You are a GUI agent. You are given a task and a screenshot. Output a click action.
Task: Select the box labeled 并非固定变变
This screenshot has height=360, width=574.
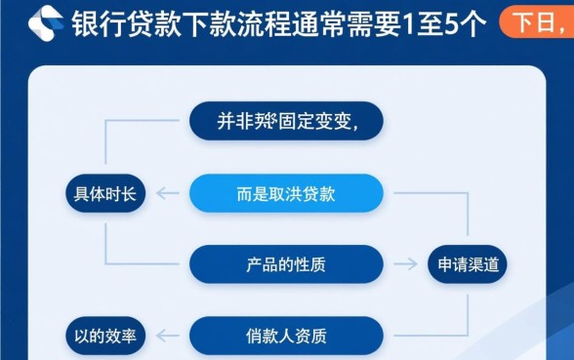point(286,121)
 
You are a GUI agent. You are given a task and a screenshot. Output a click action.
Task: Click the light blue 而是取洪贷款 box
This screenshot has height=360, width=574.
point(286,193)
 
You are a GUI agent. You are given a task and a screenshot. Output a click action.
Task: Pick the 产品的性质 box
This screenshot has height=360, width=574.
point(286,264)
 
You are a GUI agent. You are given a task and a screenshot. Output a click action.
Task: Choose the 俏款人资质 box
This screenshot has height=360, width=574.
point(286,337)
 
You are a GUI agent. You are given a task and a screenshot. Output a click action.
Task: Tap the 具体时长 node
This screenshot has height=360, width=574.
point(104,193)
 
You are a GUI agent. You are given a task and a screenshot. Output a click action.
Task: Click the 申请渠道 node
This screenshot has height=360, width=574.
point(467,264)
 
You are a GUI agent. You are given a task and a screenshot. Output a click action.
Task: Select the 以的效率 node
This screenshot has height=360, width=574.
point(104,337)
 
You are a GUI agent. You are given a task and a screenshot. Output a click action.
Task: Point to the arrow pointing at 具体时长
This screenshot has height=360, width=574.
point(168,193)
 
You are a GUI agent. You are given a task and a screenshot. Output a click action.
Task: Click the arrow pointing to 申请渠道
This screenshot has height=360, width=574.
point(403,264)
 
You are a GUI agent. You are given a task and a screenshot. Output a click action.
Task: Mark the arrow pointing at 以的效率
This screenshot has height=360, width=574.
point(168,337)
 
